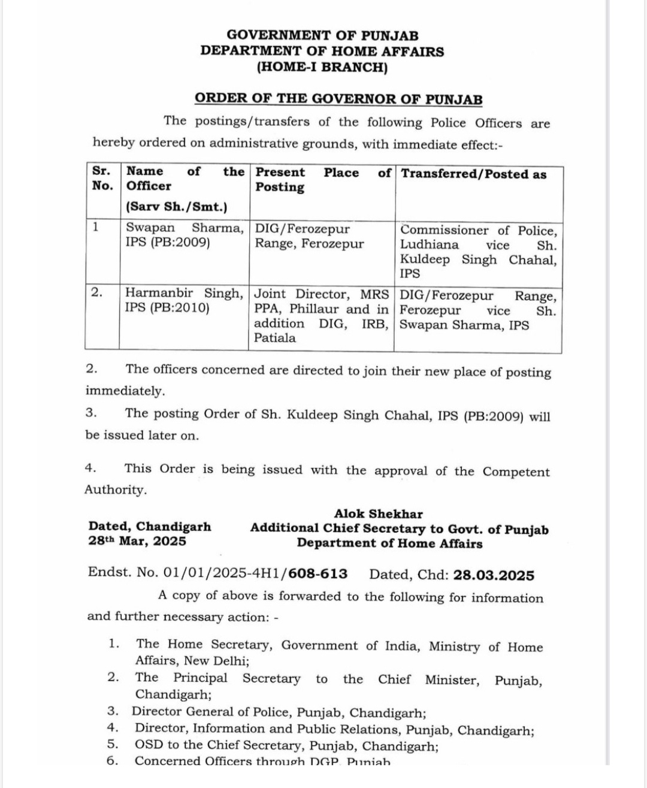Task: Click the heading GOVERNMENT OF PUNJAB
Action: pos(322,35)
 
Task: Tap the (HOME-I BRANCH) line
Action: pos(322,67)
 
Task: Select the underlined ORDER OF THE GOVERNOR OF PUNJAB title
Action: pos(338,99)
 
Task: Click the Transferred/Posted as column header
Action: pos(473,174)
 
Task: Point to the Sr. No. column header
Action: pos(102,179)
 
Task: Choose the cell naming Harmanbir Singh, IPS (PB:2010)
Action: pos(184,301)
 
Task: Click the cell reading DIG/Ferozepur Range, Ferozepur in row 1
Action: pos(309,237)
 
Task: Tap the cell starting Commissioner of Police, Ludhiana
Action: pos(478,252)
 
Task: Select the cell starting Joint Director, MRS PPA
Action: pos(321,316)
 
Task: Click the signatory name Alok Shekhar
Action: pos(378,514)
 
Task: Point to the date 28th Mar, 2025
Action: pos(137,542)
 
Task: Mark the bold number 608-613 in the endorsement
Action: pos(318,574)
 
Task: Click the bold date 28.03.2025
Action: pos(494,575)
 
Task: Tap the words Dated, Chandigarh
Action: pos(150,527)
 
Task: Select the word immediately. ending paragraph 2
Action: pos(125,391)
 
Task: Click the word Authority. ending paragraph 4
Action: pos(116,490)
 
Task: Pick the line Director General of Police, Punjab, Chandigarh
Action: pos(279,713)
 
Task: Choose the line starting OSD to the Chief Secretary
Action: pos(286,746)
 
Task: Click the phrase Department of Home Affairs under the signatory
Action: pos(389,544)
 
